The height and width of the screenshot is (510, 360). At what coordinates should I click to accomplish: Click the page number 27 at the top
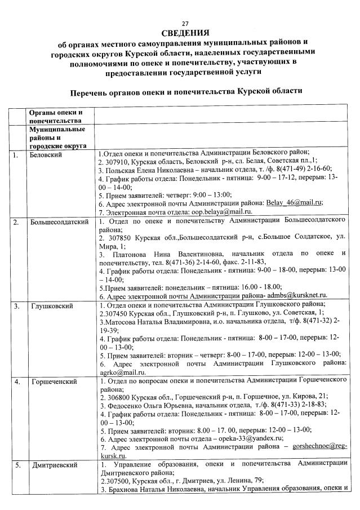pos(185,23)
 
